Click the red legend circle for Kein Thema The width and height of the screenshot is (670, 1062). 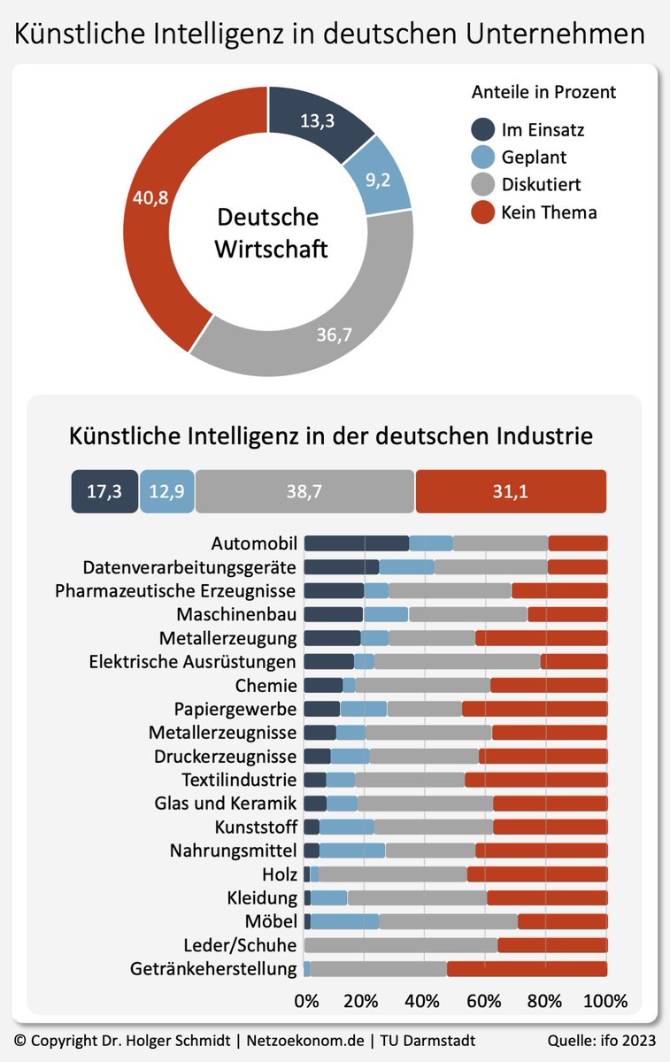tap(482, 212)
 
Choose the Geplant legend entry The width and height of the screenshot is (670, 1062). tap(533, 158)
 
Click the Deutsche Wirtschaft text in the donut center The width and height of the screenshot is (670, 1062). tap(270, 233)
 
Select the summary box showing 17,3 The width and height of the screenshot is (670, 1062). tap(104, 491)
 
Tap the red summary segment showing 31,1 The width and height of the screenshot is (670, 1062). tap(511, 491)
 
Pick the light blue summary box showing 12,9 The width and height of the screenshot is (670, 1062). tap(166, 491)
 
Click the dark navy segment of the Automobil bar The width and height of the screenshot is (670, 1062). tap(356, 543)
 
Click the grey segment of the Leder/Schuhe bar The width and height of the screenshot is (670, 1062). tap(401, 944)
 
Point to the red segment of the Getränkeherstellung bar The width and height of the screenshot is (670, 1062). tap(527, 968)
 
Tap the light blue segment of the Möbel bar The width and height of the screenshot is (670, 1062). tap(344, 920)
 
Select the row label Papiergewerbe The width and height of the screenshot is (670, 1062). tap(235, 709)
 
